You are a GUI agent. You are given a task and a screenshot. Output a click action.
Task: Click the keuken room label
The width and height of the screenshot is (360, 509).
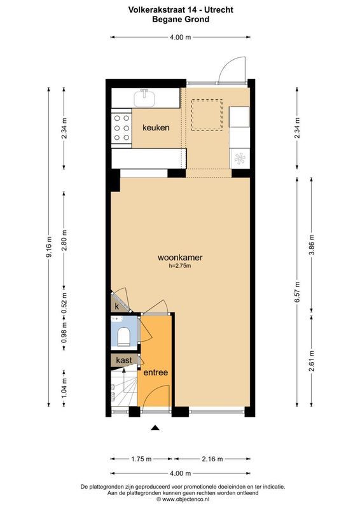(156, 128)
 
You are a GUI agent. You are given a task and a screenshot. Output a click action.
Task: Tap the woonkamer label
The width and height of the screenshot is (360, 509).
(180, 258)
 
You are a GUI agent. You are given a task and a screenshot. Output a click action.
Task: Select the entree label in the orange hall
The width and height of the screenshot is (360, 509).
(155, 372)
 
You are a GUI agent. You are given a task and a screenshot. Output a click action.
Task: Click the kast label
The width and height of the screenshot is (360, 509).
(124, 360)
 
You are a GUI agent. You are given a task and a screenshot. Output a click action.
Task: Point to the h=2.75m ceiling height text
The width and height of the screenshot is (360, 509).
(180, 267)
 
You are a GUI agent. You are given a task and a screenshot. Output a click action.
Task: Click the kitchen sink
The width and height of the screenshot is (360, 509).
(146, 97)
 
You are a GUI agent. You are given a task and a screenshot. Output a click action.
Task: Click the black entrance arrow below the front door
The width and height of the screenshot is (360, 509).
(154, 429)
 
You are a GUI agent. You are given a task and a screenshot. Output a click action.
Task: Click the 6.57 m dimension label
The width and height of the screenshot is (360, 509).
(297, 290)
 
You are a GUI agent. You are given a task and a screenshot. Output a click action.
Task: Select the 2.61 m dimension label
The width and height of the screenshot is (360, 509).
(311, 365)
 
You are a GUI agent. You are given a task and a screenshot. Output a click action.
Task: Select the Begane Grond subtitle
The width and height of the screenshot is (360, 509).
(180, 19)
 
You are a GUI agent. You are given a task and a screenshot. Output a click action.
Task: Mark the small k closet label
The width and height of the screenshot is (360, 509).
(118, 306)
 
